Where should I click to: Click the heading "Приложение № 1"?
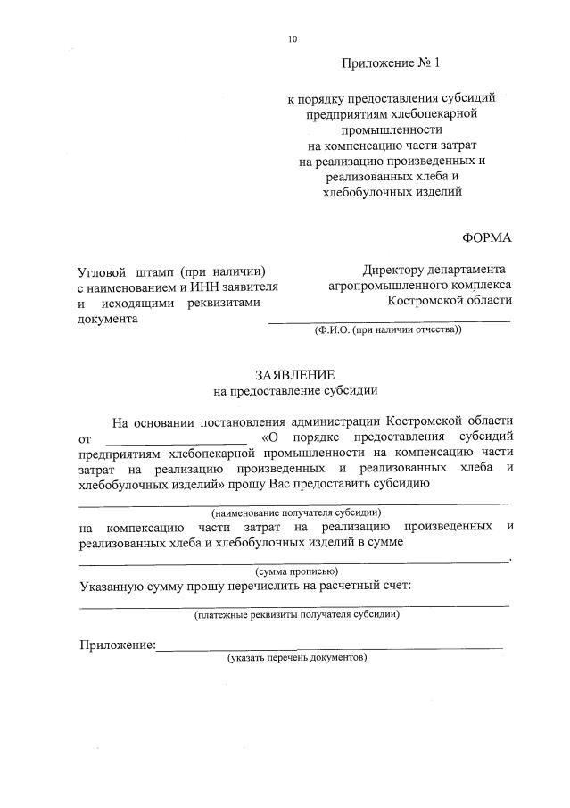[x=391, y=64]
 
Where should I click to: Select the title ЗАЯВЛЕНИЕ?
[x=295, y=375]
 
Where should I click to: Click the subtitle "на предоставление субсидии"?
[x=295, y=390]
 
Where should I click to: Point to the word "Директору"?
[x=393, y=270]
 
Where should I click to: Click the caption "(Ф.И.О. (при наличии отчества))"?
[x=388, y=329]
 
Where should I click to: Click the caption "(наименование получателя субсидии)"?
[x=296, y=512]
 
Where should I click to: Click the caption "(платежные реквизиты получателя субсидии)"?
[x=296, y=614]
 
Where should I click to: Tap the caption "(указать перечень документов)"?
[x=296, y=657]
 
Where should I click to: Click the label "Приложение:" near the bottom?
[x=117, y=645]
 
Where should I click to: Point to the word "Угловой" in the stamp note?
[x=102, y=270]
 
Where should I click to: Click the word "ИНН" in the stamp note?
[x=202, y=287]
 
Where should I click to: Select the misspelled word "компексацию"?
[x=145, y=527]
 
